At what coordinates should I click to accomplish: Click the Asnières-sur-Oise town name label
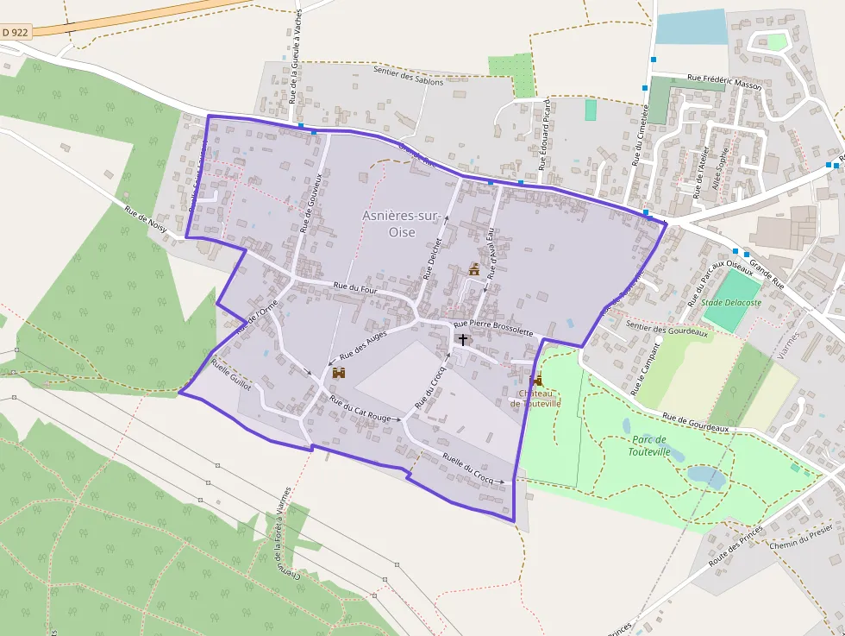pyautogui.click(x=402, y=224)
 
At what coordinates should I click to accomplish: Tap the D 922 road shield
pyautogui.click(x=16, y=32)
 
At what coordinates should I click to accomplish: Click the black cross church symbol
pyautogui.click(x=463, y=340)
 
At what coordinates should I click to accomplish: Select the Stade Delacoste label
pyautogui.click(x=731, y=303)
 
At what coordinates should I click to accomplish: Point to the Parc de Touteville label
pyautogui.click(x=649, y=445)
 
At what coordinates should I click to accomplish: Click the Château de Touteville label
pyautogui.click(x=535, y=398)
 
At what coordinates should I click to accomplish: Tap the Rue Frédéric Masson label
pyautogui.click(x=724, y=81)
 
